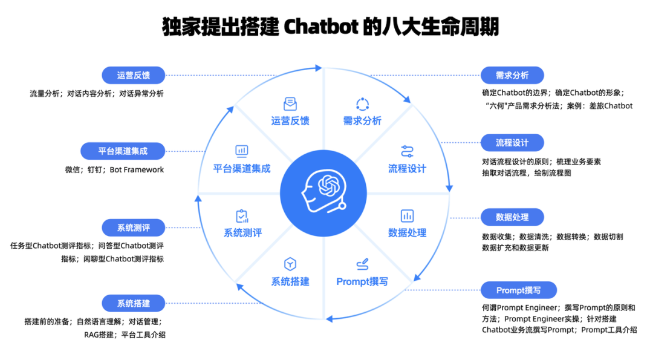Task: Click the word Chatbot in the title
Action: point(320,27)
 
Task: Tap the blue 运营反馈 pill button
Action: point(134,76)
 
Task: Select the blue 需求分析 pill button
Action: point(512,76)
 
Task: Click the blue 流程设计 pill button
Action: point(512,143)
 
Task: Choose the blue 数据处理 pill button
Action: point(512,217)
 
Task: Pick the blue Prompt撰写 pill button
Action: point(518,290)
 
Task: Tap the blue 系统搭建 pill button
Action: point(134,303)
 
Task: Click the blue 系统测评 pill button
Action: point(134,228)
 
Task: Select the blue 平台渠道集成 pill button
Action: point(123,151)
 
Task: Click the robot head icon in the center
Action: point(325,187)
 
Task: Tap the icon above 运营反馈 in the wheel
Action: point(290,104)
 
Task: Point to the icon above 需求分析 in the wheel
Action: point(362,104)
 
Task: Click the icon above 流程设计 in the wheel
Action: point(407,151)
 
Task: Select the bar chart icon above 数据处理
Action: point(407,215)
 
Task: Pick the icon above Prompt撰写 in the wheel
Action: point(362,264)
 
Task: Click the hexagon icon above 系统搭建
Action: point(290,264)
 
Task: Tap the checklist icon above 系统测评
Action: point(242,215)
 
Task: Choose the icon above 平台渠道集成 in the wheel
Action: point(242,151)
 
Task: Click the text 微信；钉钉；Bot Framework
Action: point(114,170)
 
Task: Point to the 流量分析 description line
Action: point(97,94)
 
